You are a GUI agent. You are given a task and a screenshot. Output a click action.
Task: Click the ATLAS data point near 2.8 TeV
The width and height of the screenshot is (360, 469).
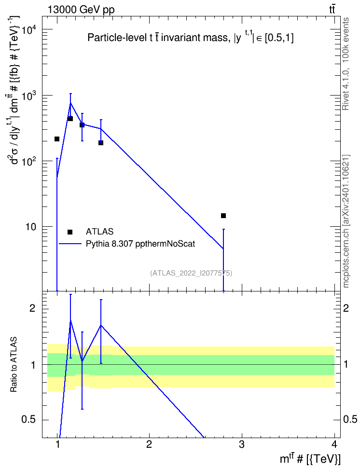[223, 216]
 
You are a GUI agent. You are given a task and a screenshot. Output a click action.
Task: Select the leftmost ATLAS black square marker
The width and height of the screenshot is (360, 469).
[57, 139]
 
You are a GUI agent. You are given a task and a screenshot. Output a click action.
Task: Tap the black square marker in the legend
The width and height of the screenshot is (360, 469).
[70, 232]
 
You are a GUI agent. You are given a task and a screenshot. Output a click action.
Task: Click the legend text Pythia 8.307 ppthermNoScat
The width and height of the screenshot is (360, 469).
[140, 244]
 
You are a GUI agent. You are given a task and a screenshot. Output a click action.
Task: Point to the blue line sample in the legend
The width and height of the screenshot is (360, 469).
[70, 244]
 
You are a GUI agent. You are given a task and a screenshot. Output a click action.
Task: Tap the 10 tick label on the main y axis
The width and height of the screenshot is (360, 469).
[31, 227]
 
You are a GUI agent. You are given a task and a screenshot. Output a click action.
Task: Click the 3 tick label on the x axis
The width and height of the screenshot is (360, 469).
[242, 444]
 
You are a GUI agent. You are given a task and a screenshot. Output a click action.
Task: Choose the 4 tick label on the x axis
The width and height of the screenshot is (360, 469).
[334, 444]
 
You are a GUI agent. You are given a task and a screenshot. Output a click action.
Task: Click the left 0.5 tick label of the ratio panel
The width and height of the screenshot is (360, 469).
[28, 420]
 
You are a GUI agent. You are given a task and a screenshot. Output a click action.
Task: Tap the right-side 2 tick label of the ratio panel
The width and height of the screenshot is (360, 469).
[346, 308]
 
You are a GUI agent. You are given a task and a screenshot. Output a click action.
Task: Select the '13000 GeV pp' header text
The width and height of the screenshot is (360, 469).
[81, 10]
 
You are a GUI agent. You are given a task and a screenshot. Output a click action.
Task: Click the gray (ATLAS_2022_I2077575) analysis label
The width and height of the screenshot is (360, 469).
[191, 273]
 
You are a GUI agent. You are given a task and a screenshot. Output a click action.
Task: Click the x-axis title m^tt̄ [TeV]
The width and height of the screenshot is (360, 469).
[310, 459]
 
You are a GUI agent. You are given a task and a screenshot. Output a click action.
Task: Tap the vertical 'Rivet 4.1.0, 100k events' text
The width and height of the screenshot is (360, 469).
[346, 64]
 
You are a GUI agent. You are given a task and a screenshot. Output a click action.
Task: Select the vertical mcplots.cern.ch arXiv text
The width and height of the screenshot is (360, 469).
[346, 221]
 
